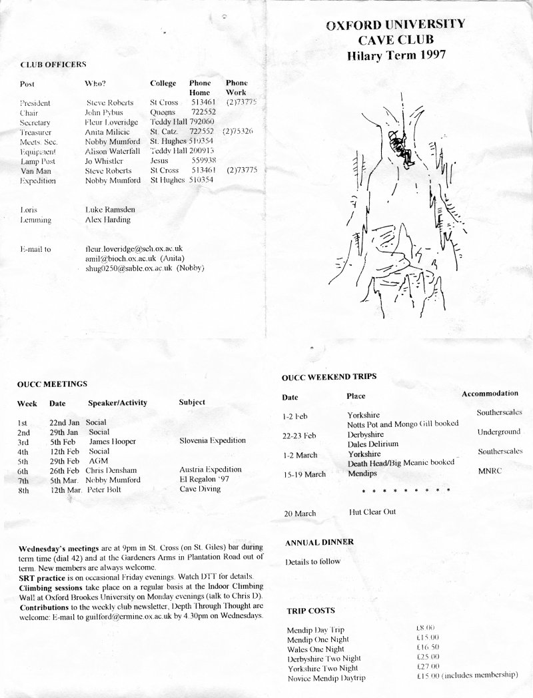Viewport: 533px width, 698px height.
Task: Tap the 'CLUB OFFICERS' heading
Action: pyautogui.click(x=53, y=65)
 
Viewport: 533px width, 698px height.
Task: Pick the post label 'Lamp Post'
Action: pyautogui.click(x=39, y=161)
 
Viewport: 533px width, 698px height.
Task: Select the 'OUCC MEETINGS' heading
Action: pyautogui.click(x=53, y=384)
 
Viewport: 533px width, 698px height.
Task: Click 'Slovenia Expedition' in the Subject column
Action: pyautogui.click(x=213, y=440)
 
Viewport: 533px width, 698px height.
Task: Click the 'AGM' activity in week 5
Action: pyautogui.click(x=98, y=460)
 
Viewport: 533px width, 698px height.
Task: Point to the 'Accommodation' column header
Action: pyautogui.click(x=490, y=394)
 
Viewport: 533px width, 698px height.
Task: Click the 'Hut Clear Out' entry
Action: pyautogui.click(x=372, y=512)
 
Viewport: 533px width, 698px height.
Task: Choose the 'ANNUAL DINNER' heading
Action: pyautogui.click(x=319, y=542)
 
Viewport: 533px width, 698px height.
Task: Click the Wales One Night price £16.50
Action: pyautogui.click(x=428, y=648)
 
